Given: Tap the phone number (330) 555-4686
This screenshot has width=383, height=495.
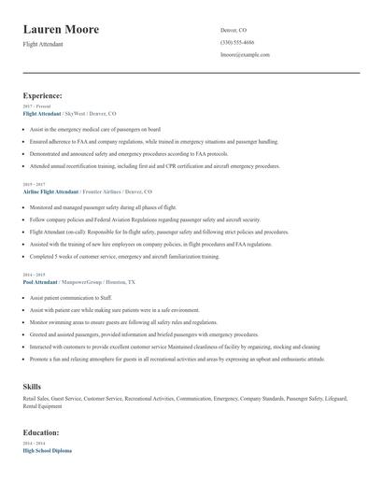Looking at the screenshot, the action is (x=237, y=42).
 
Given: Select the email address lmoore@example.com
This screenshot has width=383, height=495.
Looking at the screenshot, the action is (x=245, y=54).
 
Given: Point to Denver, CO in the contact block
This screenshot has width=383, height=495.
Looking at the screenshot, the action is (x=234, y=30).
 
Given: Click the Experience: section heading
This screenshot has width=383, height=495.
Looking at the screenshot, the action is (x=43, y=95).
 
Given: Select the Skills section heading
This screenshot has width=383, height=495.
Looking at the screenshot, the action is (x=32, y=385).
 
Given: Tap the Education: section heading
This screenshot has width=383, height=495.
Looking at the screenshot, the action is (x=42, y=432).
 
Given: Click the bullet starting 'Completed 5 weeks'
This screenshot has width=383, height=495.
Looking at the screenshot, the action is (x=124, y=256).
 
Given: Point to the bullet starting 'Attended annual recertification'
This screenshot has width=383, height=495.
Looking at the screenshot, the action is (x=154, y=167).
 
